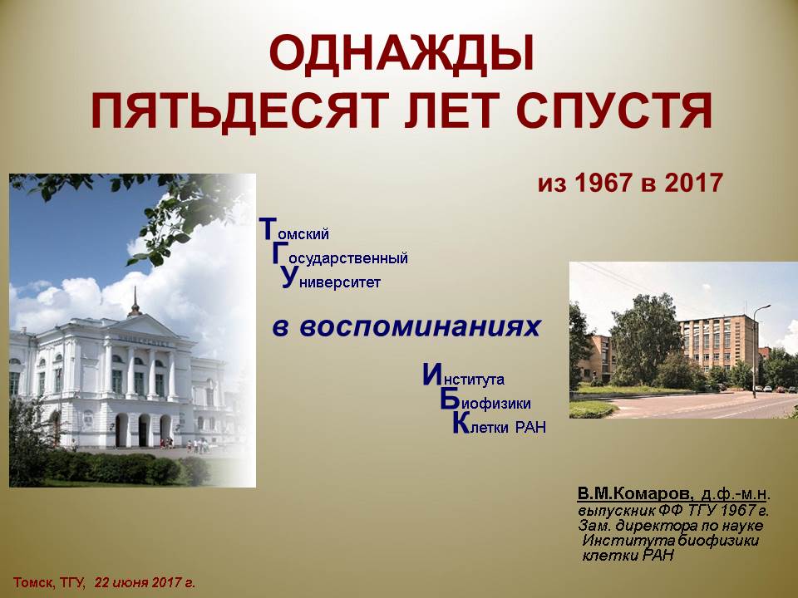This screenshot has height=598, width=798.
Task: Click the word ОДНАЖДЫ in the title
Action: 401,53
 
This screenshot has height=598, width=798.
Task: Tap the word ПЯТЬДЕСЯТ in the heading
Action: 240,111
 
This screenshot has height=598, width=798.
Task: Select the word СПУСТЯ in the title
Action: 614,110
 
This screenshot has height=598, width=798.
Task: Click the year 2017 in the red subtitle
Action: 693,183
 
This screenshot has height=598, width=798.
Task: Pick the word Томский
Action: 294,229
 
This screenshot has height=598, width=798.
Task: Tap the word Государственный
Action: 340,254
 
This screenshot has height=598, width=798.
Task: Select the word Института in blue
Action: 464,375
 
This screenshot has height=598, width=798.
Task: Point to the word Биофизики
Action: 485,399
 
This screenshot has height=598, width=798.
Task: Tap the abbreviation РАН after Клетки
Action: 530,427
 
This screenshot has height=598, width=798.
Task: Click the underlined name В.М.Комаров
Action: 636,493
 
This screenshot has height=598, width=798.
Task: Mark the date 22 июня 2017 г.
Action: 145,582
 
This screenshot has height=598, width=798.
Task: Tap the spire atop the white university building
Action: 135,301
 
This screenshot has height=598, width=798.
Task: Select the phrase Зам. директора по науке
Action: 671,525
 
